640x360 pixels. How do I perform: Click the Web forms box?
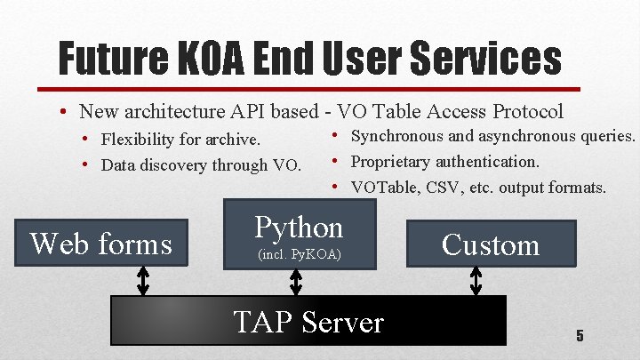click(x=100, y=243)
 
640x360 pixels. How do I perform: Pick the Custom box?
click(x=491, y=244)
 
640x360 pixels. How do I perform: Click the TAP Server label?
click(x=308, y=321)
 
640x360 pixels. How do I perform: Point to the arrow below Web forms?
click(x=142, y=281)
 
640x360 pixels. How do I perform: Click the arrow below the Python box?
click(x=297, y=281)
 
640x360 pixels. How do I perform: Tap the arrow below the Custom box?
click(x=476, y=281)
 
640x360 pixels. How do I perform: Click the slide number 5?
click(x=580, y=336)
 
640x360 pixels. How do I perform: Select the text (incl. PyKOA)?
click(x=299, y=256)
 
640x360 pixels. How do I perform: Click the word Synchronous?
click(x=396, y=137)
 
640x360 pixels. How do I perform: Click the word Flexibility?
click(x=138, y=140)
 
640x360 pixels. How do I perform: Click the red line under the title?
click(x=320, y=89)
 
